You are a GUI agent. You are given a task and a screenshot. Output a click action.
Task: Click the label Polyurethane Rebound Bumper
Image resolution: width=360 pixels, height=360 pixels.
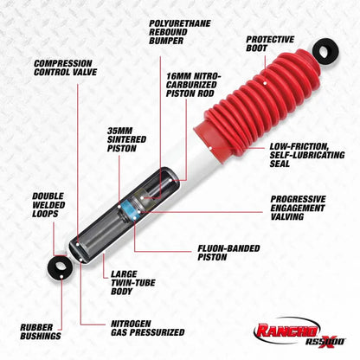pos(180,32)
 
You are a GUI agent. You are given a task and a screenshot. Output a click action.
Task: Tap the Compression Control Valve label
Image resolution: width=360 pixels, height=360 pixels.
pos(65,67)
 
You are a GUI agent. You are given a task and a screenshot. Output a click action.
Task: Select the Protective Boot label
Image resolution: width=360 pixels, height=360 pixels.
pos(270,43)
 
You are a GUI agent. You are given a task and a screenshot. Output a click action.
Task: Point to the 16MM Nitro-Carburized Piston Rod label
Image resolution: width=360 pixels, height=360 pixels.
pos(193,85)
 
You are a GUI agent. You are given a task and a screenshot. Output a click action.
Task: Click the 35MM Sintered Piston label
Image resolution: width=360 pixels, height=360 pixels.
pos(126,139)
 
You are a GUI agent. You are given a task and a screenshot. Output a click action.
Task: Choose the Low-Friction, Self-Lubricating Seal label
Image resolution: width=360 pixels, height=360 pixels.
pos(307,155)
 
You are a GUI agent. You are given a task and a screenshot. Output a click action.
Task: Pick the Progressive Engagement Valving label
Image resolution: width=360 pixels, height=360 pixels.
pos(298,208)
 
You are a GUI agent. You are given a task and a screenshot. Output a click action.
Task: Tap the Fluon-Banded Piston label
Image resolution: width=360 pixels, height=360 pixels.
pos(228,253)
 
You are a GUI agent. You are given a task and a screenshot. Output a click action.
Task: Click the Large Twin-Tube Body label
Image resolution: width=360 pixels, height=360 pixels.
pos(133,283)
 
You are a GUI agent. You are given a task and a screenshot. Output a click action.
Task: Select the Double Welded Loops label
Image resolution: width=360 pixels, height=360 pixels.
pos(48,205)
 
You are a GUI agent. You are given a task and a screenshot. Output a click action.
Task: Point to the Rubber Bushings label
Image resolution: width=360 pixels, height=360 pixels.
pos(41,331)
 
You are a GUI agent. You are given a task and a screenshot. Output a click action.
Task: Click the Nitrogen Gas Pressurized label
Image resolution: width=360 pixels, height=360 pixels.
pos(148,328)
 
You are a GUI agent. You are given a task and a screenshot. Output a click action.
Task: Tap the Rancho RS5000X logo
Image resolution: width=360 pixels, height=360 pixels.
pos(299,332)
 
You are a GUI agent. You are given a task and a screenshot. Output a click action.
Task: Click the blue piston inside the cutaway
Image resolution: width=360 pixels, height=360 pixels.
pos(129,209)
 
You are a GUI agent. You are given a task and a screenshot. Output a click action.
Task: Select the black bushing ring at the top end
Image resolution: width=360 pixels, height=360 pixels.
pos(325,52)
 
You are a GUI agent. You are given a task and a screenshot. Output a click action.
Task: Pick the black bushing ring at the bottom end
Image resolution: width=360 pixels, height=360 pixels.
pos(60,267)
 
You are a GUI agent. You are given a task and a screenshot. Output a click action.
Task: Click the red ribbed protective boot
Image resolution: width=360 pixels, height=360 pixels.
pos(254,104)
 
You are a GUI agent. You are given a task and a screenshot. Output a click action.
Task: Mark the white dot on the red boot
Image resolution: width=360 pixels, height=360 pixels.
pos(265,83)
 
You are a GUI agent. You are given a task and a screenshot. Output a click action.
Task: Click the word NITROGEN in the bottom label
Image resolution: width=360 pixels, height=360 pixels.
pos(131,324)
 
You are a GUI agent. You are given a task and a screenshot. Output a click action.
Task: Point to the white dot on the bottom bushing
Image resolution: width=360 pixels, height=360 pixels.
pos(61,277)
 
